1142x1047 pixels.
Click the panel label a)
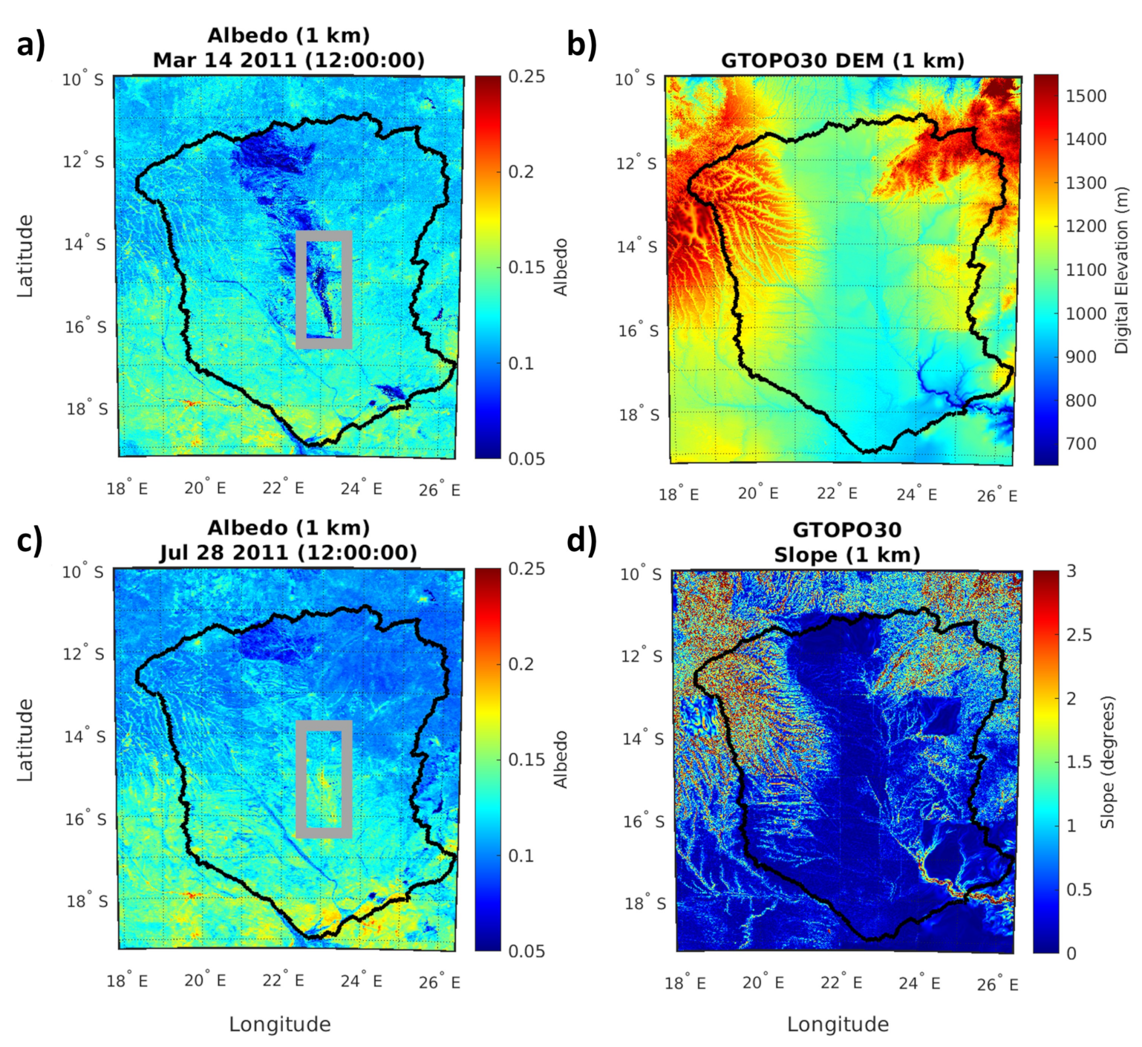pyautogui.click(x=30, y=45)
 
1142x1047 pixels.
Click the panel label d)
pyautogui.click(x=581, y=541)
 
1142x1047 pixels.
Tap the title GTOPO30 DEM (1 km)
pyautogui.click(x=842, y=60)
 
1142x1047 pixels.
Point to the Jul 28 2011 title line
pyautogui.click(x=288, y=552)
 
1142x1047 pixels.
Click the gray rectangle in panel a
pyautogui.click(x=301, y=289)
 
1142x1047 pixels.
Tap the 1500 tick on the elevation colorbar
pyautogui.click(x=1086, y=96)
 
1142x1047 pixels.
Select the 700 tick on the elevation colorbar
pyautogui.click(x=1080, y=444)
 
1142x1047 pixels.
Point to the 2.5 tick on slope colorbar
pyautogui.click(x=1078, y=635)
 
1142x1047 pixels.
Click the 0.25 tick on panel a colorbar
pyautogui.click(x=526, y=76)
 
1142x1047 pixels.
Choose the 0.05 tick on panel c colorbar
pyautogui.click(x=526, y=951)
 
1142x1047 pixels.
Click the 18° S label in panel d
pyautogui.click(x=645, y=904)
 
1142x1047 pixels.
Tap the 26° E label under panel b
pyautogui.click(x=996, y=495)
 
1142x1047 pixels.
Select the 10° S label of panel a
pyautogui.click(x=82, y=79)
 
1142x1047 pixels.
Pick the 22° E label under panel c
pyautogui.click(x=283, y=981)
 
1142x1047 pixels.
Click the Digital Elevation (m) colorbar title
pyautogui.click(x=1121, y=270)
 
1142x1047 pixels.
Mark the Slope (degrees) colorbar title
pyautogui.click(x=1108, y=762)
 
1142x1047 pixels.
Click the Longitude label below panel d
pyautogui.click(x=838, y=1025)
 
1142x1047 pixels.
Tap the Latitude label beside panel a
pyautogui.click(x=25, y=255)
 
